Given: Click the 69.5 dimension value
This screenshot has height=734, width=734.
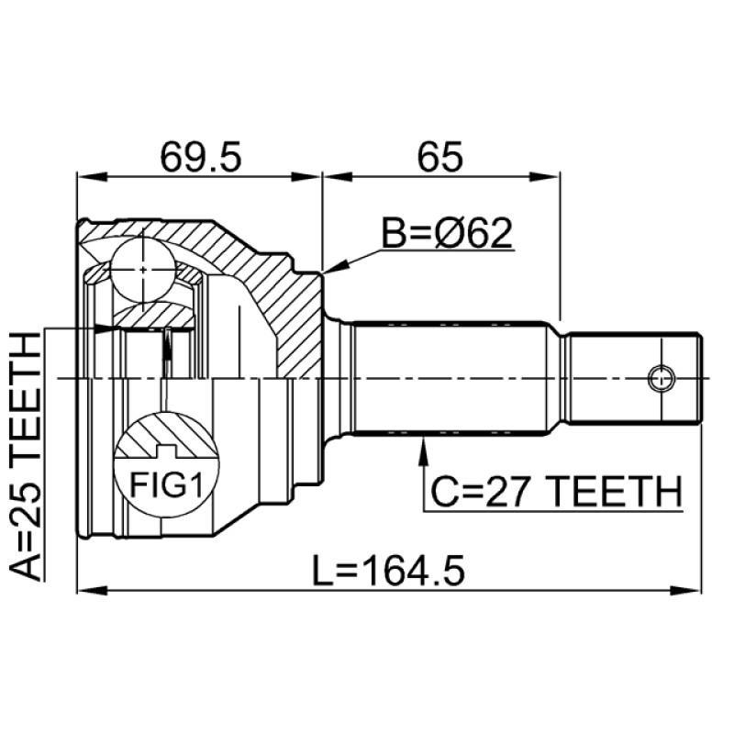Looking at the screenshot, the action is [x=200, y=157].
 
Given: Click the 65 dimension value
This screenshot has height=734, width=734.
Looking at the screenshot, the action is [x=439, y=157].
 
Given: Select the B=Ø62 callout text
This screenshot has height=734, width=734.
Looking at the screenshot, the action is [x=447, y=233].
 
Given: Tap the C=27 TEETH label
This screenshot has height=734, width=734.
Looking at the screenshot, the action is [x=556, y=493].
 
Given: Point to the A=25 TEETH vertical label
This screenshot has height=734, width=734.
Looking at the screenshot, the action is [x=26, y=456].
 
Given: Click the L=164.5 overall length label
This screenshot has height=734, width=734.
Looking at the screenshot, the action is [x=388, y=571].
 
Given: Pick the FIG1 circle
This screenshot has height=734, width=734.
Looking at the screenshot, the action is [x=167, y=465].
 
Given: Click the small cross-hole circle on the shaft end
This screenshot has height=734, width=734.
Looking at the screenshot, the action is [x=662, y=378].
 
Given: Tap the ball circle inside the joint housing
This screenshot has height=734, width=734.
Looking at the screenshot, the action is [x=143, y=270].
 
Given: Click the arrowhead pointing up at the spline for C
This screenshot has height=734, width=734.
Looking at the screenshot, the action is [x=424, y=450].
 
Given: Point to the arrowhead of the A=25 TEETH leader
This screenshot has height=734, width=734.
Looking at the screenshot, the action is [x=106, y=328].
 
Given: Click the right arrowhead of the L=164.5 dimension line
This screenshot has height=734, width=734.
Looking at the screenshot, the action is [x=686, y=591].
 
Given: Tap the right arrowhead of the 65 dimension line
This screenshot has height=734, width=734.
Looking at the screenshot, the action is [x=545, y=176].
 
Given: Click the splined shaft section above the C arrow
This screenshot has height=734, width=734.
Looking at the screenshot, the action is [x=450, y=378].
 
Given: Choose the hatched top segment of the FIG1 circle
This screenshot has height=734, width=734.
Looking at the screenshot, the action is [x=167, y=435].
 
